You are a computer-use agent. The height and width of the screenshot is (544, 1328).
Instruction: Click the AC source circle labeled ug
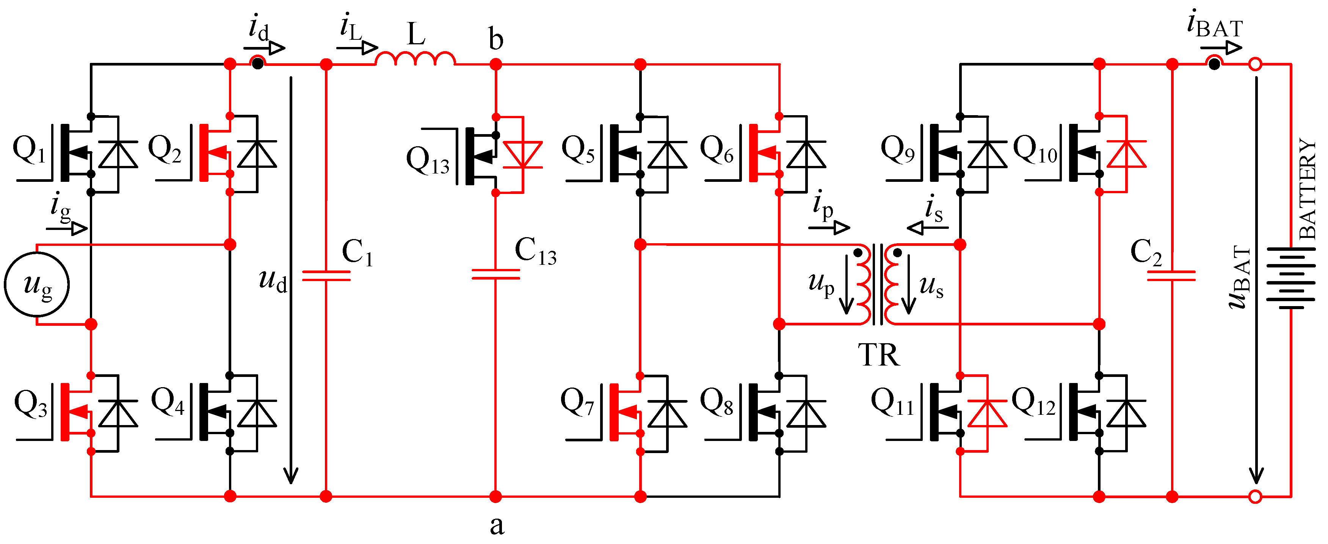37,284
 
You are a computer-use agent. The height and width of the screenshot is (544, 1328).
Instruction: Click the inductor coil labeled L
415,58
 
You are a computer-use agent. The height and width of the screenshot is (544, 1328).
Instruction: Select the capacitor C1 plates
326,276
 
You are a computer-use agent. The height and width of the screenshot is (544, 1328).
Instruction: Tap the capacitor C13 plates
495,274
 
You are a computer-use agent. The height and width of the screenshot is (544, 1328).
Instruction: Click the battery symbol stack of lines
1290,278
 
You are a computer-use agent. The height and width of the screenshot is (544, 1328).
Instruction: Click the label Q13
427,160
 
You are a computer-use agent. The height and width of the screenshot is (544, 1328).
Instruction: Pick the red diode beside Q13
523,155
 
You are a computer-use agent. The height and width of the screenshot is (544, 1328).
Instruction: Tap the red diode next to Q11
987,414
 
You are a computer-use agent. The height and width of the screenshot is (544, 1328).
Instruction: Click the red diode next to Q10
1126,154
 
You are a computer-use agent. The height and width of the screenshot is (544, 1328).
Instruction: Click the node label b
495,40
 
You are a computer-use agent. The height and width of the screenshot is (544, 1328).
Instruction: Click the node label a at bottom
497,525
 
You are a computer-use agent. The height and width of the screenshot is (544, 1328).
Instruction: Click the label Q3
30,404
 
